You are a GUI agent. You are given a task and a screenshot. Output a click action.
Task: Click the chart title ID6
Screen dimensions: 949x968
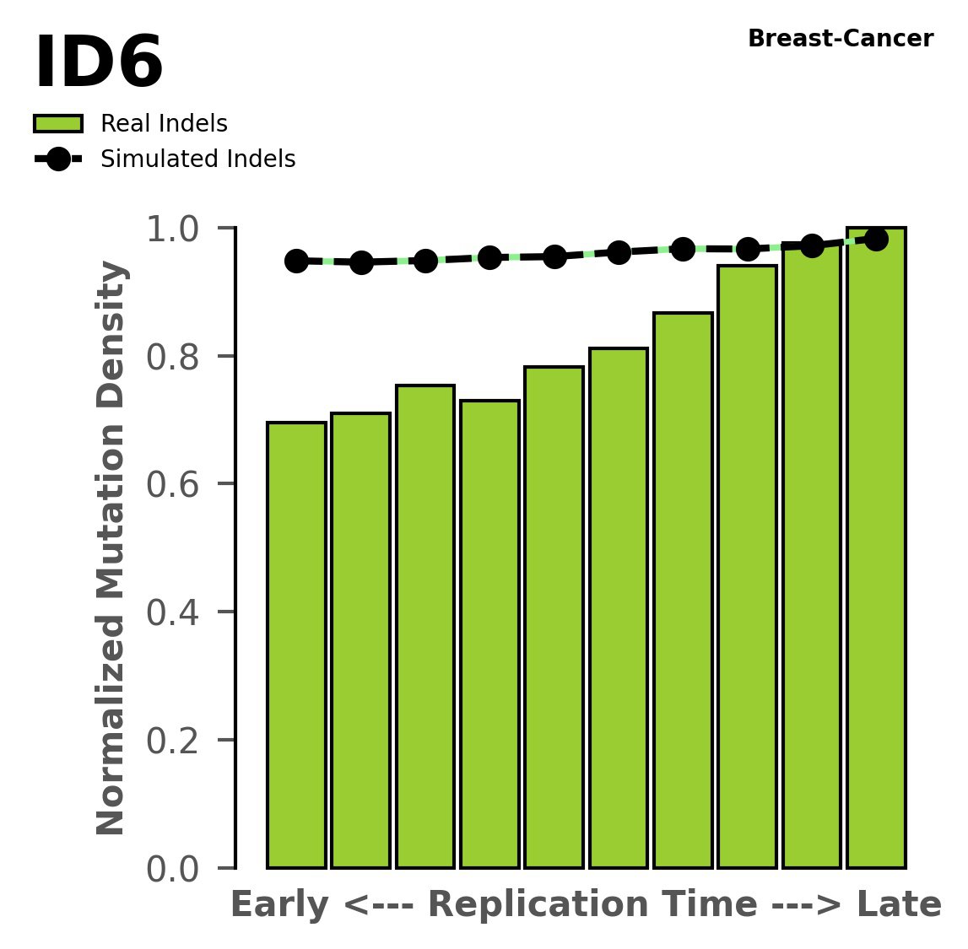98,63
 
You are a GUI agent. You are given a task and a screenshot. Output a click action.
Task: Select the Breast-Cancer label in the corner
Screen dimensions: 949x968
841,39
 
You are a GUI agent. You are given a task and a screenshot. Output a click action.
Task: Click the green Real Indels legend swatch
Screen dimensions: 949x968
58,124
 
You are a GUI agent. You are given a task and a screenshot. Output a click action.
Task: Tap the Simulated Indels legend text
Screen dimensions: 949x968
197,159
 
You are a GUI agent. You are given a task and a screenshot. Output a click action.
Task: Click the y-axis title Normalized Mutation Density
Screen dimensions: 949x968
111,548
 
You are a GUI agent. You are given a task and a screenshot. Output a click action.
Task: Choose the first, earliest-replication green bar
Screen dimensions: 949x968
296,645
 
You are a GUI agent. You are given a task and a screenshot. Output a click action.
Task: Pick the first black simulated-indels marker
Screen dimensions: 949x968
296,261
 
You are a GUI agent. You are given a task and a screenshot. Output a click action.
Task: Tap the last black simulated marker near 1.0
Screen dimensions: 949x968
876,240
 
